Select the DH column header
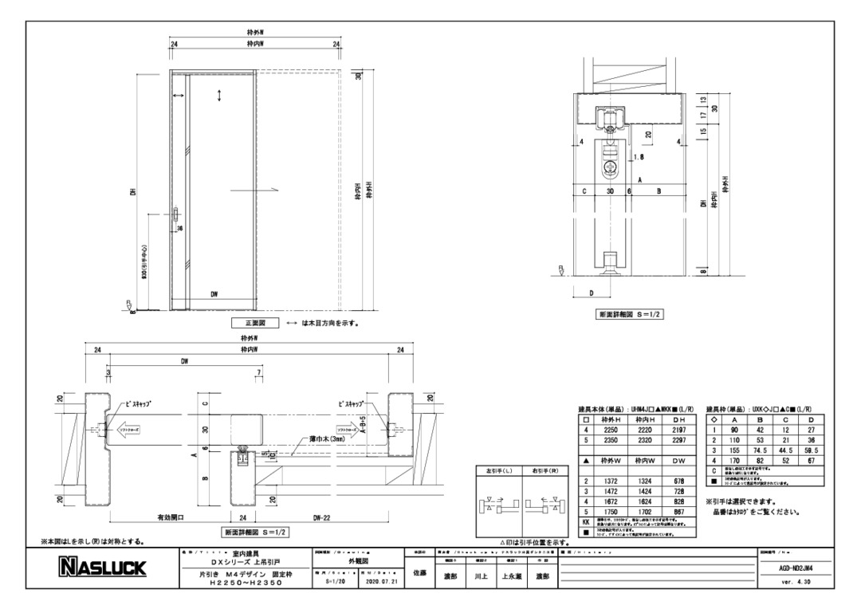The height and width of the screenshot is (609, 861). pyautogui.click(x=678, y=418)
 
